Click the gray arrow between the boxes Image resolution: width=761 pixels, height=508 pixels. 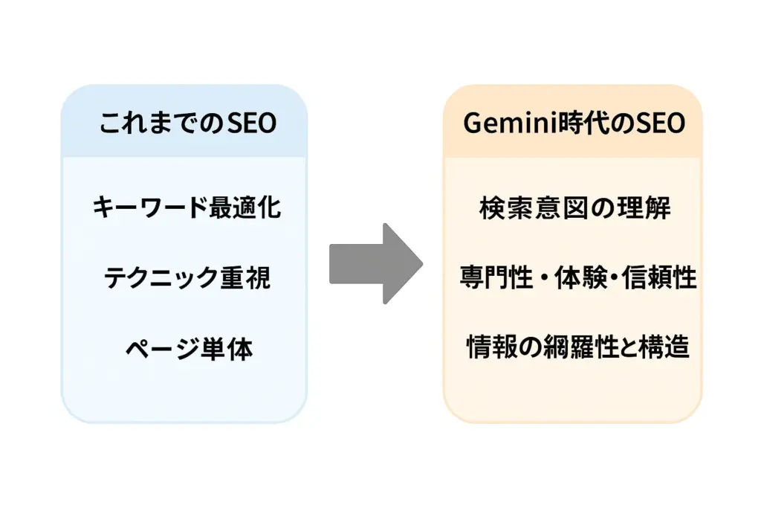click(375, 263)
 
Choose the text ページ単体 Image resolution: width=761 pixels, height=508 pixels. click(187, 348)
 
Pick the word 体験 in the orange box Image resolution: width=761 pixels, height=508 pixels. click(578, 278)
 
